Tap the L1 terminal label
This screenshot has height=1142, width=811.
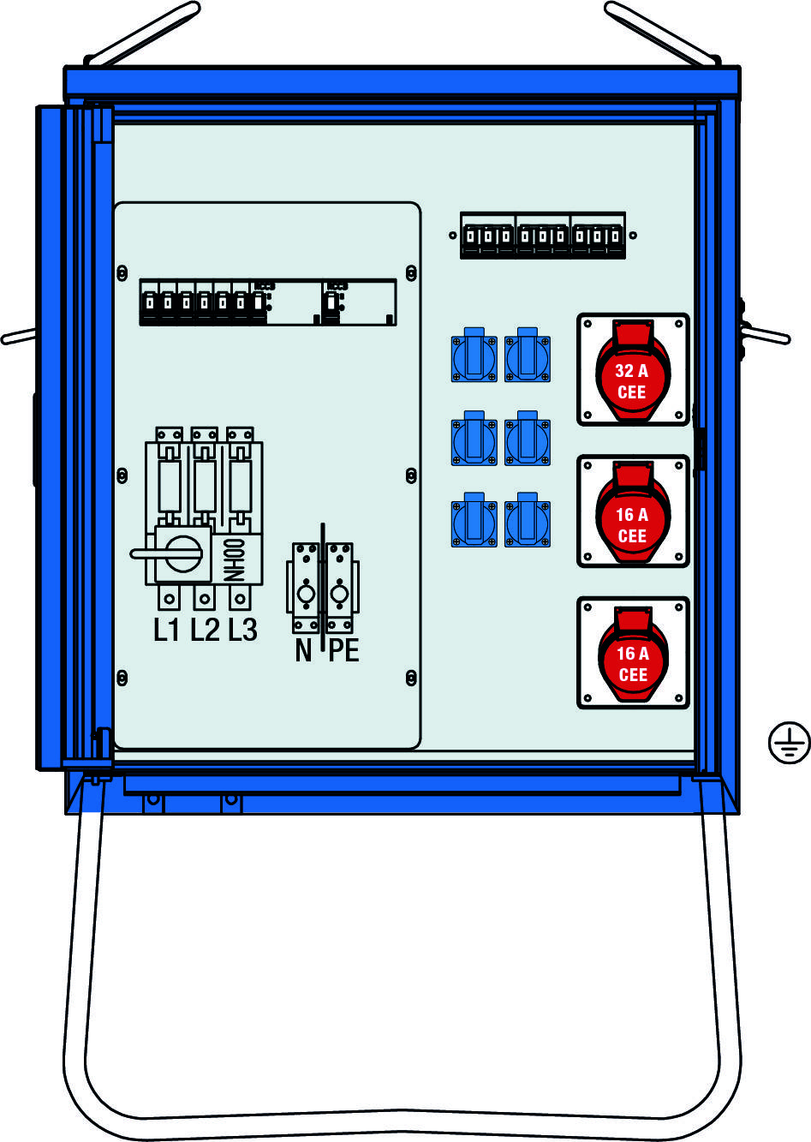[166, 631]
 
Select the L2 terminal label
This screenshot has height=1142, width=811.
[205, 631]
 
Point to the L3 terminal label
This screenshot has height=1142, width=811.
[242, 631]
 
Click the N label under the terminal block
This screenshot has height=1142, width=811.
[303, 650]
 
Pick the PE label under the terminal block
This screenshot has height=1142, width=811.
[344, 650]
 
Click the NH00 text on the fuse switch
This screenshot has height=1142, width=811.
[235, 559]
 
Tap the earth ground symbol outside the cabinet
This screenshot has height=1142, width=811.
[789, 742]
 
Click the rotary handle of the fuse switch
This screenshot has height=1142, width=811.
[168, 553]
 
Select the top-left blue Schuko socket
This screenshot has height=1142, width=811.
[474, 355]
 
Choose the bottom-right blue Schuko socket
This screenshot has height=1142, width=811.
[528, 520]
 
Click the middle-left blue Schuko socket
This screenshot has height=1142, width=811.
[474, 439]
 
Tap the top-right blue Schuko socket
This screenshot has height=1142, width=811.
[528, 355]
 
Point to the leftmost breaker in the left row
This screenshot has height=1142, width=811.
[149, 302]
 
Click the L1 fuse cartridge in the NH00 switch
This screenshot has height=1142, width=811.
[170, 486]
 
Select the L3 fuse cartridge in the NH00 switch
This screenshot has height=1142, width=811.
[240, 486]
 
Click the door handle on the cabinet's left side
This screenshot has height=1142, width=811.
[18, 337]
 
